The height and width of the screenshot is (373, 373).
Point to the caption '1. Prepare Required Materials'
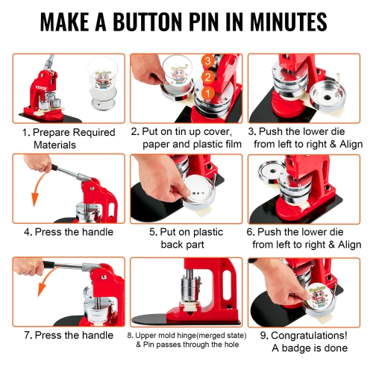(67, 138)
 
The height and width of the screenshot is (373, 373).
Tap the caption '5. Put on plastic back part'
(186, 238)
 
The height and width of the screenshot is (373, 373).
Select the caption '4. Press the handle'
(68, 232)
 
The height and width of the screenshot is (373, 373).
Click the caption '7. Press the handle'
(68, 335)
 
